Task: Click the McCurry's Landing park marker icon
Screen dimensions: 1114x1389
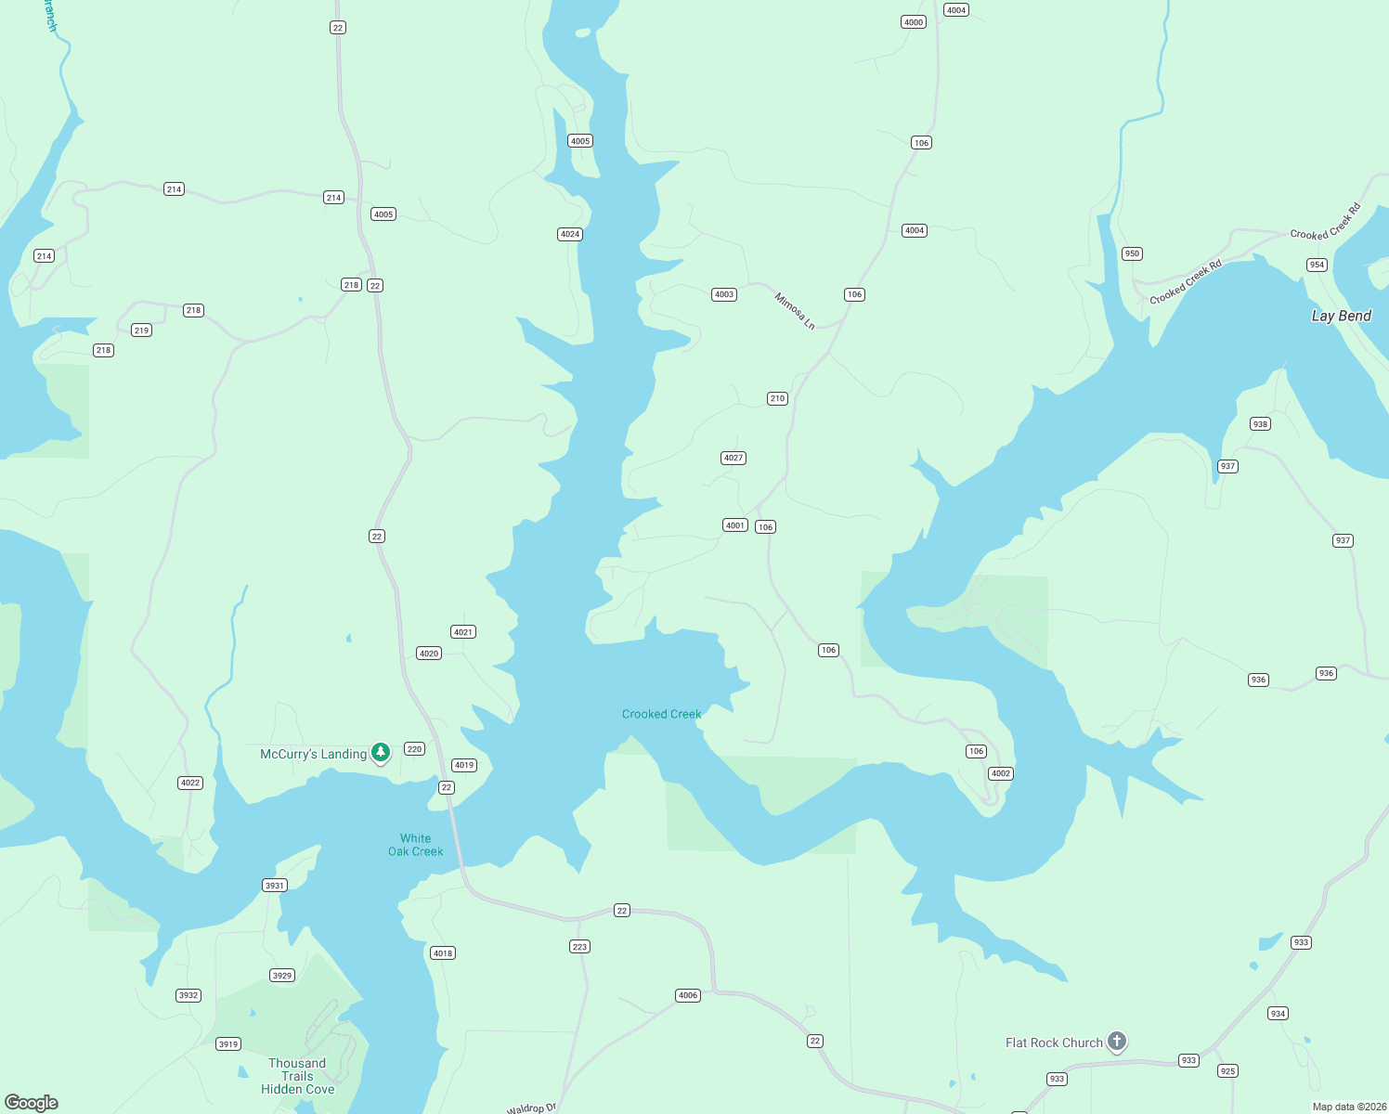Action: [381, 752]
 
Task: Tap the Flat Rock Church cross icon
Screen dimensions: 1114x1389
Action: [1117, 1042]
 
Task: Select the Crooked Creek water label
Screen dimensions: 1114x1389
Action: [661, 714]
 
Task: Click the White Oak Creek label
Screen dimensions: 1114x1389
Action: [415, 845]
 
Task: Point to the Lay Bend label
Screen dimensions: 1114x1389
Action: [1341, 316]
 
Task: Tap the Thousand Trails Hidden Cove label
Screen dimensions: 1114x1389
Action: [297, 1076]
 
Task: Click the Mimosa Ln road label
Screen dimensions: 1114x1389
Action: [795, 311]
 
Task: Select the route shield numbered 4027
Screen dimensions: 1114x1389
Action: [733, 458]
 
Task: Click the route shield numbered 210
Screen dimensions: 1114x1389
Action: [777, 398]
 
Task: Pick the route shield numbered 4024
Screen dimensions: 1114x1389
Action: [570, 234]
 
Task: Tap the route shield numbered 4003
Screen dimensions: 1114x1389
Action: [724, 294]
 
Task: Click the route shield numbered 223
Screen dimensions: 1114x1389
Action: [579, 947]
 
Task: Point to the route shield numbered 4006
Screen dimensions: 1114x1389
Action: [688, 995]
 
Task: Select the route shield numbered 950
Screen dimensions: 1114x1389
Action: [1132, 253]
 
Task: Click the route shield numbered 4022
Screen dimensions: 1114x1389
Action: [190, 783]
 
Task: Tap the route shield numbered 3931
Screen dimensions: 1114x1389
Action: [275, 886]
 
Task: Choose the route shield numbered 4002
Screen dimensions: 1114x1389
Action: [1000, 773]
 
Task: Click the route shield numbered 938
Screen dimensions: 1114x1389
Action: [1260, 424]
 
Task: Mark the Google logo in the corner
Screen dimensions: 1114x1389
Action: [32, 1103]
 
